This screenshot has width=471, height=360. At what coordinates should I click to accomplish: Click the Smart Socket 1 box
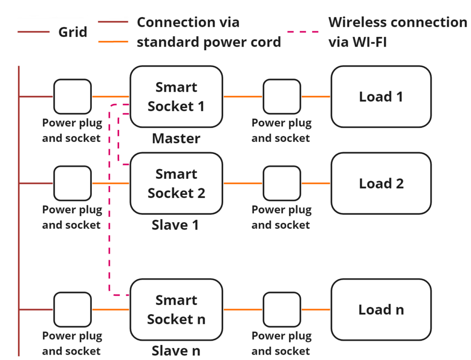(176, 97)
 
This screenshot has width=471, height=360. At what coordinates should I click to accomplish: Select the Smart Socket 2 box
(176, 184)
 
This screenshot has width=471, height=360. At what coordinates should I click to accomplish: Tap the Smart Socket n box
(176, 310)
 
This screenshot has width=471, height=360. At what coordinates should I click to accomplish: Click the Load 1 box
(381, 97)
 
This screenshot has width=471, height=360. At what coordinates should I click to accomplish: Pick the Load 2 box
(381, 184)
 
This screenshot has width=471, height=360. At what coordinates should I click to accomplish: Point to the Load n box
(381, 310)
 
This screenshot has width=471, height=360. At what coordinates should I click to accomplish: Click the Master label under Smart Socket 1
(176, 139)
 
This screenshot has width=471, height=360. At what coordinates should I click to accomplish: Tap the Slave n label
(176, 351)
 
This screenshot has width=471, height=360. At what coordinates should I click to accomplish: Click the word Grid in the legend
(73, 32)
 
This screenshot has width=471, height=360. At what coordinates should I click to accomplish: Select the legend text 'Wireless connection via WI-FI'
(397, 32)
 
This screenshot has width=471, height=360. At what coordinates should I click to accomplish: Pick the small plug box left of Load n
(282, 310)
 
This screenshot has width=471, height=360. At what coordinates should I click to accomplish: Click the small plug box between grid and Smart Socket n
(73, 310)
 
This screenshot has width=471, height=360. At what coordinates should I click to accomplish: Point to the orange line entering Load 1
(316, 96)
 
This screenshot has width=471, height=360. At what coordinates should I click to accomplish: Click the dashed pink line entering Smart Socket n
(119, 295)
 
